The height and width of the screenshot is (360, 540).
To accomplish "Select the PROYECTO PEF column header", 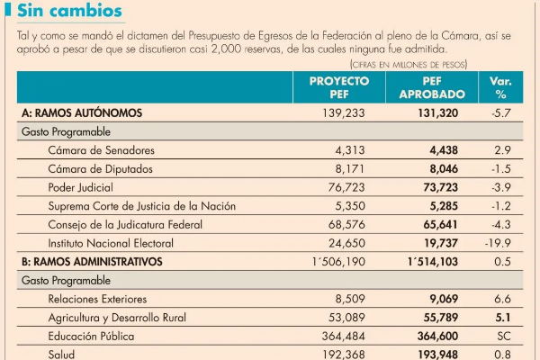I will (339, 87).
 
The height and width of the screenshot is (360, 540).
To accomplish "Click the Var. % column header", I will (500, 87).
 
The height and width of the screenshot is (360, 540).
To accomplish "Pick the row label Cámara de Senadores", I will (101, 149).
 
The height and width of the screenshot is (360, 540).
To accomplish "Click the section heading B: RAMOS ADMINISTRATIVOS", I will (91, 262).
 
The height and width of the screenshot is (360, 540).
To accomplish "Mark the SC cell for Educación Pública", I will (501, 337).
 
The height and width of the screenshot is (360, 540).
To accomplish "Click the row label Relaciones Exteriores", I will (100, 299).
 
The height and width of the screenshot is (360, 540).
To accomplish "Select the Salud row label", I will (63, 355).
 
